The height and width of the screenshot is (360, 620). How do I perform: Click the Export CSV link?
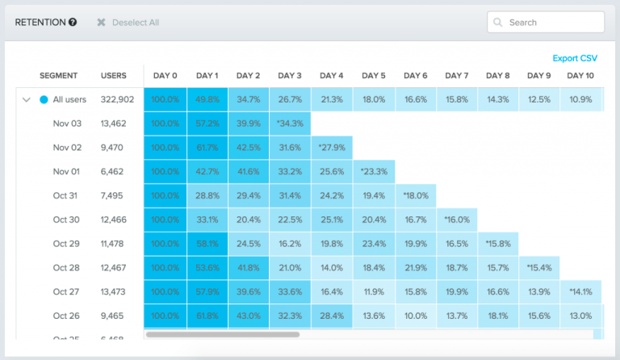coord(575,58)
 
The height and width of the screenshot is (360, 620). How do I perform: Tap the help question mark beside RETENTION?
coord(73,23)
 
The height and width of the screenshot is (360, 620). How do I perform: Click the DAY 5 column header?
coord(373,76)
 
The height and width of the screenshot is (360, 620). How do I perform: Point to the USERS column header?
coord(114,76)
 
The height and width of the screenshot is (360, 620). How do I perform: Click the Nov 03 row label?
coord(67,123)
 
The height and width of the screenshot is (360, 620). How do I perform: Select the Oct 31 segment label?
coord(66,195)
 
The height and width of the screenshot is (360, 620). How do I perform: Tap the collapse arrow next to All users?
coord(27,100)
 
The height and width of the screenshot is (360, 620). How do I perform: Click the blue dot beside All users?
coord(44,100)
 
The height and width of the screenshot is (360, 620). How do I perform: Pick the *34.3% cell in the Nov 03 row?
coord(290,123)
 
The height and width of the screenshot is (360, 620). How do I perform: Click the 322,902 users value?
coord(117,100)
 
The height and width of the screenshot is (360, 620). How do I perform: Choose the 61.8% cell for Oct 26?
coord(207,316)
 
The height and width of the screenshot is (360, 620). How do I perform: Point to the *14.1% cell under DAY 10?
coord(580,291)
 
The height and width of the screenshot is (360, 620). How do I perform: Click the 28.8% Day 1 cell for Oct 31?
coord(207,195)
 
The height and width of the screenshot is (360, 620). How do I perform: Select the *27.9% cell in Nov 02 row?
coord(331,148)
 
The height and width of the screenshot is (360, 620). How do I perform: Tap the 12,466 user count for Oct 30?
coord(114,220)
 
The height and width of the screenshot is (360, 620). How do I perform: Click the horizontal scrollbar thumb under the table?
coord(222,333)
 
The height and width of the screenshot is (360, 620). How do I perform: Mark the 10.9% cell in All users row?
coord(580,100)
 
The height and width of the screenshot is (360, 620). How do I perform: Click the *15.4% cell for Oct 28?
coord(539,267)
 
